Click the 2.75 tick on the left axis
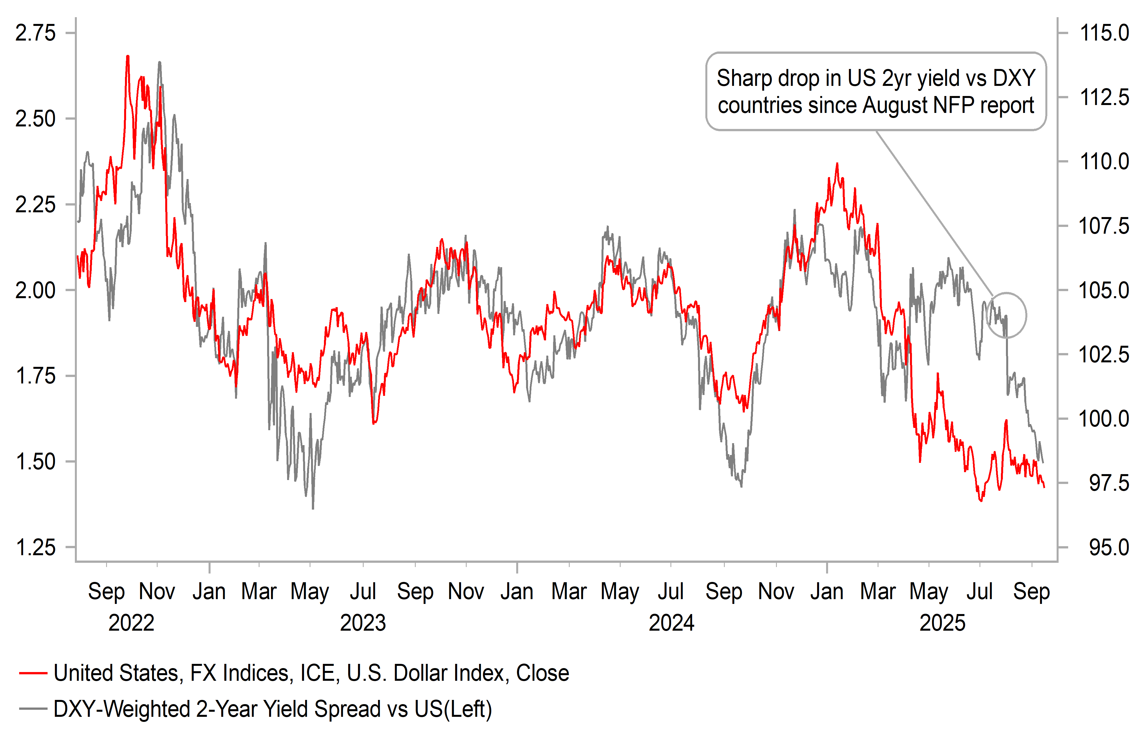[x=35, y=33]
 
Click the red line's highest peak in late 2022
[x=128, y=57]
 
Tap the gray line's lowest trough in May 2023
[x=313, y=508]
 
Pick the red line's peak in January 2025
[x=837, y=164]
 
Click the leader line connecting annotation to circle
[x=933, y=212]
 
